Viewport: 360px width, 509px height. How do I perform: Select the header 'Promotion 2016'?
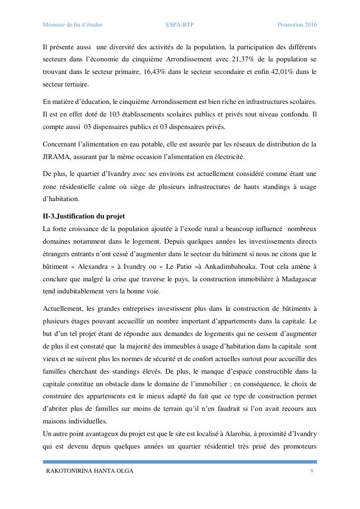[x=297, y=25]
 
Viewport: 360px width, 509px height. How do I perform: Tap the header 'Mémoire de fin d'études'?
[x=72, y=25]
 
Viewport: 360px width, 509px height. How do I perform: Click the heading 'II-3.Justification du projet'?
[x=84, y=216]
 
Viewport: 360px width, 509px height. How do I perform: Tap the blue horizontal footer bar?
[x=180, y=462]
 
